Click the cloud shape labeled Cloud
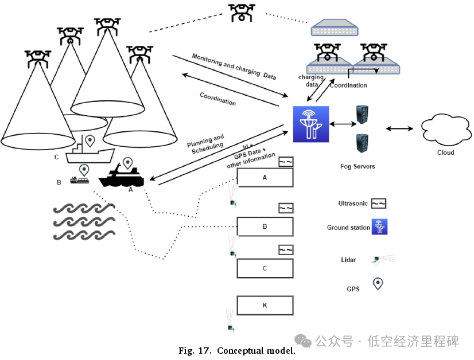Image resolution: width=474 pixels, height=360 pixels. [x=445, y=130]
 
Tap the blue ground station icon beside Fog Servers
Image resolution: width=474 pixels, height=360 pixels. [x=310, y=124]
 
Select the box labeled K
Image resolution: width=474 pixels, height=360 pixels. [x=265, y=305]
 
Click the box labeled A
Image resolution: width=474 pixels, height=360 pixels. [x=265, y=178]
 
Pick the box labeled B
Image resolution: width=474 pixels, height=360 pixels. [x=265, y=226]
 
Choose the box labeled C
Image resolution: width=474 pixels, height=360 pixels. [x=265, y=268]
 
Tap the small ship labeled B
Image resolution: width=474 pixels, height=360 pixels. [x=80, y=181]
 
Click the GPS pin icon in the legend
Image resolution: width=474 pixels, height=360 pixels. [x=378, y=283]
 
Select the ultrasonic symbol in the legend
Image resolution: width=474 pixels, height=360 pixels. [x=378, y=204]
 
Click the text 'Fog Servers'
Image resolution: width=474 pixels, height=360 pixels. [x=358, y=166]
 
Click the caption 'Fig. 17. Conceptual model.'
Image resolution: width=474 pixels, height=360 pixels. [x=236, y=350]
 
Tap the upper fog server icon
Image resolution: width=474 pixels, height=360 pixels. [x=362, y=115]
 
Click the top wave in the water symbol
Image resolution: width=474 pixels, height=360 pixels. [x=84, y=209]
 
